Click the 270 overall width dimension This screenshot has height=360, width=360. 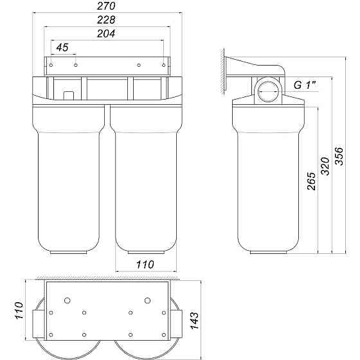coord(107,7)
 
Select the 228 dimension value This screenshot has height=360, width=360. coord(107,21)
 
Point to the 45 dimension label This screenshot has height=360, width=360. coord(62,48)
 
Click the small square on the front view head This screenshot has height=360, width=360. coord(69,96)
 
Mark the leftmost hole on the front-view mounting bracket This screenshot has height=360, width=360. coord(52,65)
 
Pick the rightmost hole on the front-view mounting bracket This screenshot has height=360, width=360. coord(162,65)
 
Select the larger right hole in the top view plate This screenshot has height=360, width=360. coord(148,300)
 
